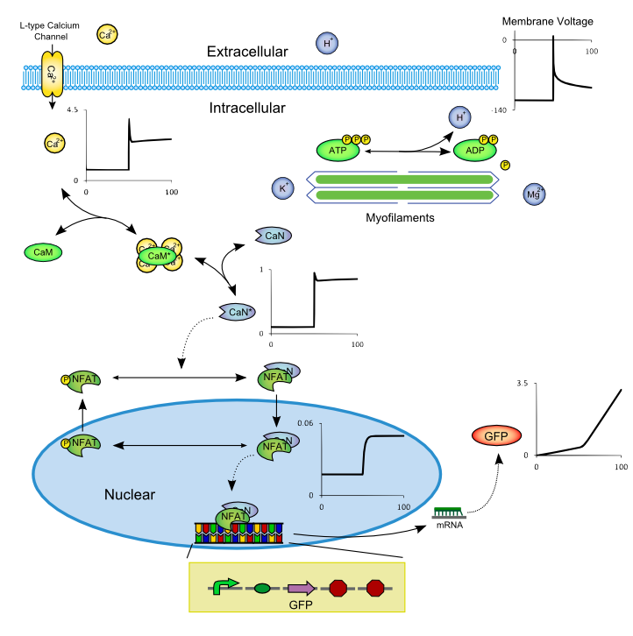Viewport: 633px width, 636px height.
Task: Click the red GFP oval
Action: tap(495, 435)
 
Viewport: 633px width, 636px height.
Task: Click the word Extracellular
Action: tap(247, 53)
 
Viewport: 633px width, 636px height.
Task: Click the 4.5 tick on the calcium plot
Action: tap(72, 110)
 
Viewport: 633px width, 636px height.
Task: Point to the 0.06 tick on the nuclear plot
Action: tap(306, 423)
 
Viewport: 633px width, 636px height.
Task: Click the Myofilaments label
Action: tap(401, 216)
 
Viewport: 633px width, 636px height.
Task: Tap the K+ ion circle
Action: tap(283, 187)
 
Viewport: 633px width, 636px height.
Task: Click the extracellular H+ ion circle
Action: tap(327, 42)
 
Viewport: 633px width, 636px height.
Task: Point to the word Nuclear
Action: tap(130, 495)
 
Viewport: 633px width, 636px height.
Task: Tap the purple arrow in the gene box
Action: tap(303, 587)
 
